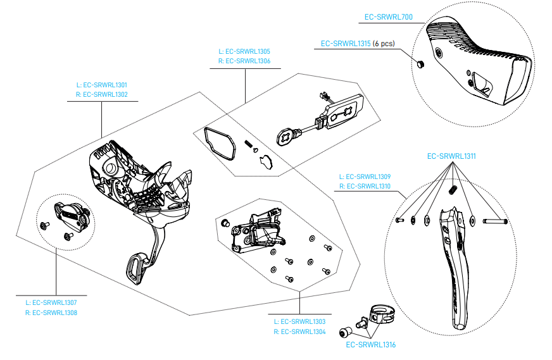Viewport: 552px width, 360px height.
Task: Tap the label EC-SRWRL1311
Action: tap(452, 156)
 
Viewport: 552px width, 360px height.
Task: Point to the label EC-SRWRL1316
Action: tap(371, 345)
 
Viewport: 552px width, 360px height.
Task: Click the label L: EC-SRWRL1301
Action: tap(101, 84)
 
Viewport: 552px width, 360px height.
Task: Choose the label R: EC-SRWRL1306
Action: tap(244, 61)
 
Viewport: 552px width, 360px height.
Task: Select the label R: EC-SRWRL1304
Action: tap(299, 332)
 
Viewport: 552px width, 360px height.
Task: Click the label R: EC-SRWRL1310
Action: tap(365, 187)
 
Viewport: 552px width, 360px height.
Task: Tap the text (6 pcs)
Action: tap(384, 44)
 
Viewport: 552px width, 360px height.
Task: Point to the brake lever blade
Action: tap(459, 266)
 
